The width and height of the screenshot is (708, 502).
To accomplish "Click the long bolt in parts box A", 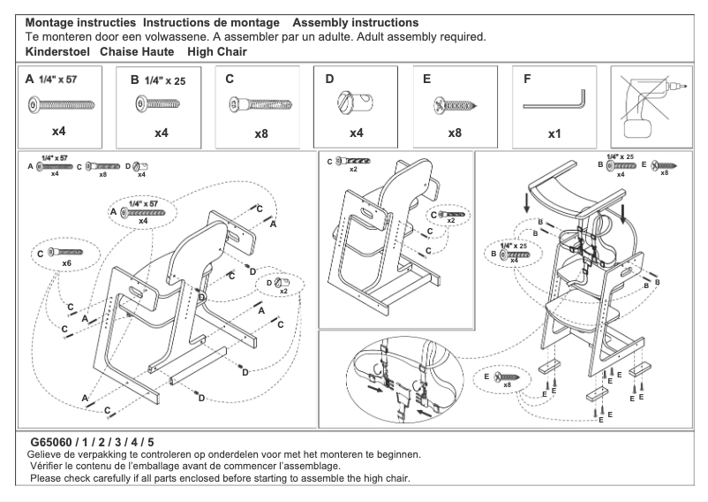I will (61, 104).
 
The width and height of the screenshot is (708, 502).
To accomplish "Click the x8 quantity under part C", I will (260, 133).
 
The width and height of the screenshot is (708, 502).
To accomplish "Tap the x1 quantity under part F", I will (555, 133).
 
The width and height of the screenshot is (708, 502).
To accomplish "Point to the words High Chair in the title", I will (217, 52).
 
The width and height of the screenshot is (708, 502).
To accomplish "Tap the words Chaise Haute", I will (136, 52).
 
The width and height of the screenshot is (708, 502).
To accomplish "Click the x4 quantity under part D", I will (356, 133).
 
